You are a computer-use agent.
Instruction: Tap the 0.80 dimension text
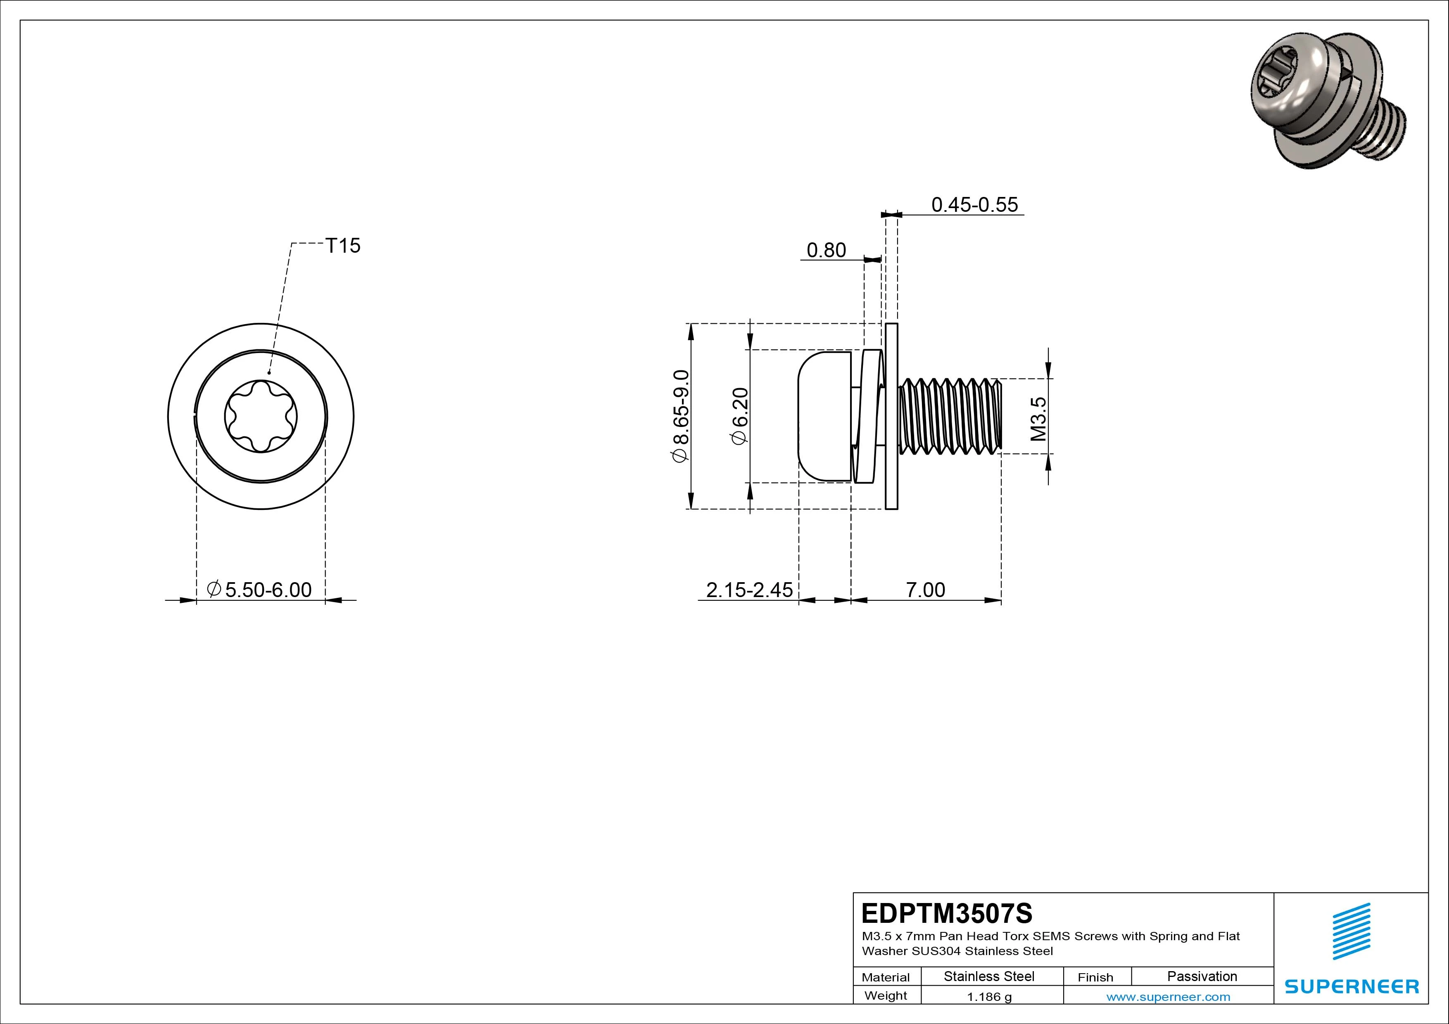(x=826, y=251)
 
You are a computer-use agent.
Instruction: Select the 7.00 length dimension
(x=925, y=590)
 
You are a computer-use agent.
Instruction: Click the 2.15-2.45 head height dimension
(x=749, y=590)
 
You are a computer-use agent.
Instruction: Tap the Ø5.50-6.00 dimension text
(x=259, y=590)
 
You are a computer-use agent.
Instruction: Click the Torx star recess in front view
(x=261, y=417)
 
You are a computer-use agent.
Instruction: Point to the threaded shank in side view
(x=950, y=417)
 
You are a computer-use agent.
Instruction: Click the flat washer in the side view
(x=892, y=417)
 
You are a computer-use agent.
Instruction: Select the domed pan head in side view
(x=824, y=417)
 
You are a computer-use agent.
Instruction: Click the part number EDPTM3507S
(x=947, y=913)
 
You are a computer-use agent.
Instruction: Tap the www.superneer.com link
(x=1168, y=997)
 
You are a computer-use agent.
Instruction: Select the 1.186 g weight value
(x=989, y=997)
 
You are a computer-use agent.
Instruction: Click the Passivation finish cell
(x=1202, y=976)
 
